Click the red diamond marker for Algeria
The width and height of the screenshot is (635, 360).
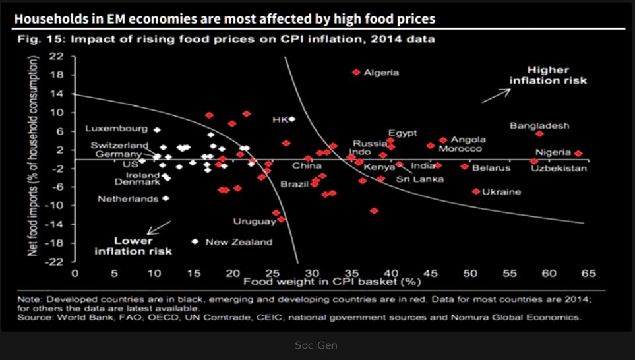click(x=356, y=72)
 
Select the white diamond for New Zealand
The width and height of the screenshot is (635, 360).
click(x=195, y=241)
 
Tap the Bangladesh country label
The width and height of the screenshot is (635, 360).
click(x=539, y=126)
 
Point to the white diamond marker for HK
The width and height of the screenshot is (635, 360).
click(x=291, y=119)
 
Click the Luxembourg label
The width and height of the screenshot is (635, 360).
click(x=116, y=129)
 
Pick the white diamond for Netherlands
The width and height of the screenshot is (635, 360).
click(x=166, y=198)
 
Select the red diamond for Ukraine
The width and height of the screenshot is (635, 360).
click(x=476, y=191)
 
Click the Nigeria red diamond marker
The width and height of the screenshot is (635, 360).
click(x=578, y=154)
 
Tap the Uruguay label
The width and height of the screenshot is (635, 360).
click(x=254, y=221)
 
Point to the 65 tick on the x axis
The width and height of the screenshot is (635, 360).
click(x=588, y=273)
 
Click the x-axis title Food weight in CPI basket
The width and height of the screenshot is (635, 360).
click(x=332, y=282)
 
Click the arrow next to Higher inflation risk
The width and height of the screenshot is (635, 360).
click(x=495, y=95)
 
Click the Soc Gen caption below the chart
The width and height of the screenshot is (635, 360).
click(x=317, y=344)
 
